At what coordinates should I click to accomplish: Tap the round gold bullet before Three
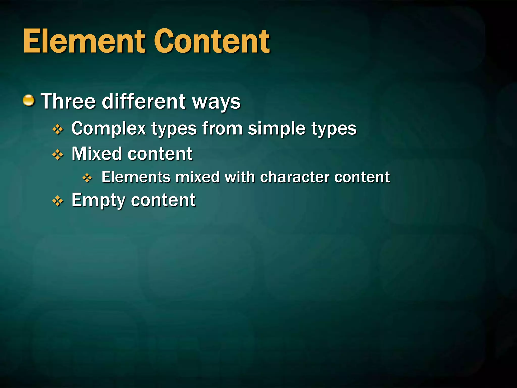(x=29, y=101)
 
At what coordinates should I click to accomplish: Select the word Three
(x=68, y=101)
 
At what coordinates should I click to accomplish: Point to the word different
(x=144, y=101)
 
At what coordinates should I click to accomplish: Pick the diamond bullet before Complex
(x=58, y=129)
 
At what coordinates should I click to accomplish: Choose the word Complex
(x=109, y=129)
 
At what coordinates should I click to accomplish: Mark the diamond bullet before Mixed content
(x=58, y=154)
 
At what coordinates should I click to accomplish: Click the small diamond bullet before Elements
(x=87, y=178)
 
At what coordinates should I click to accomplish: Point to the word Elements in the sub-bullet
(x=136, y=177)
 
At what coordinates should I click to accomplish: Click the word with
(x=240, y=177)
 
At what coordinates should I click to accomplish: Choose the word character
(x=295, y=177)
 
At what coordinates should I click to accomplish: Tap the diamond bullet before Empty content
(x=58, y=201)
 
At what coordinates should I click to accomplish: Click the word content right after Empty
(x=163, y=200)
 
